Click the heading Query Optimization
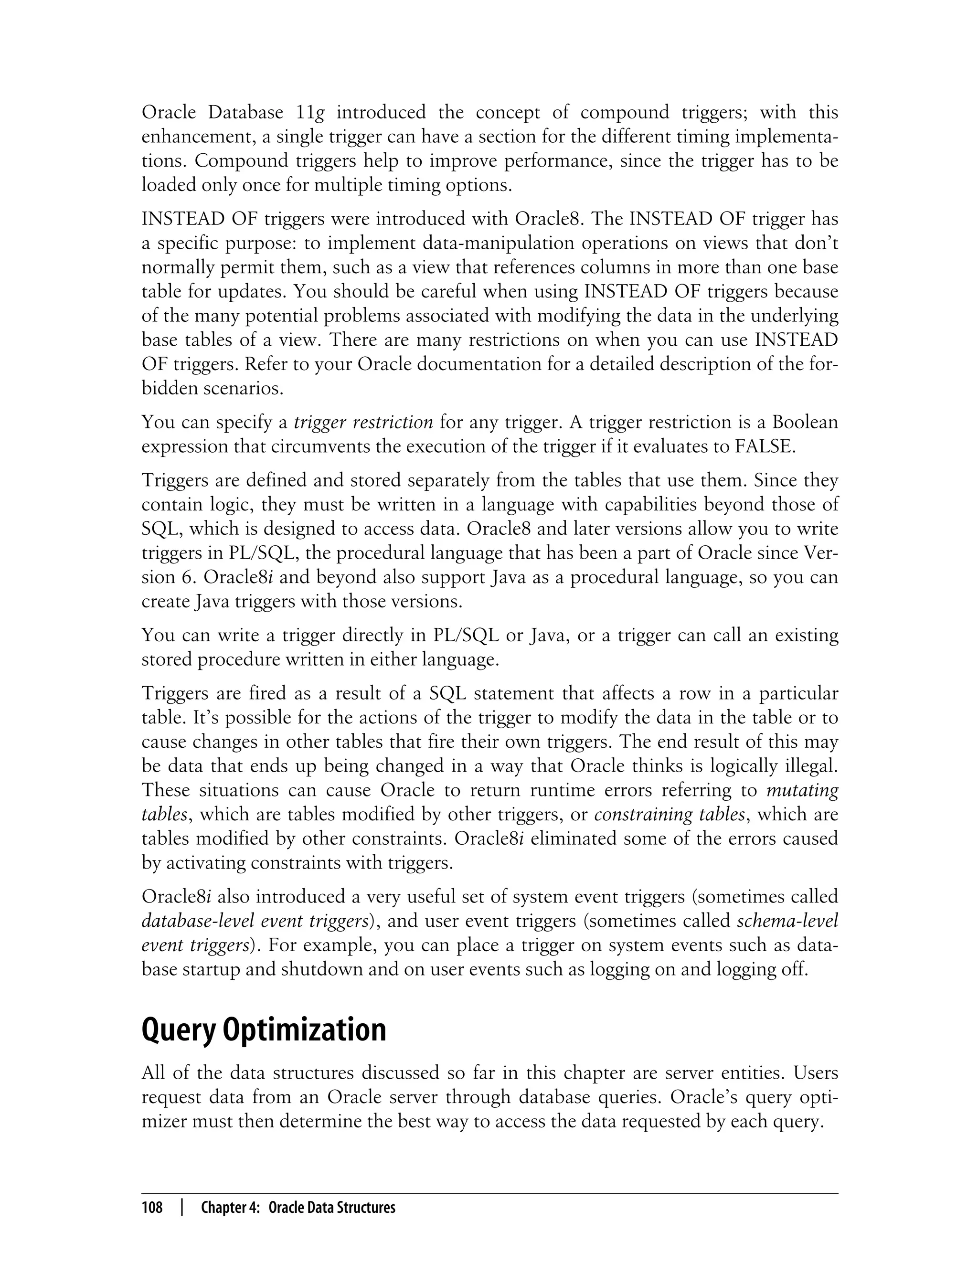tap(264, 1029)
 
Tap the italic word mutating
tap(802, 790)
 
